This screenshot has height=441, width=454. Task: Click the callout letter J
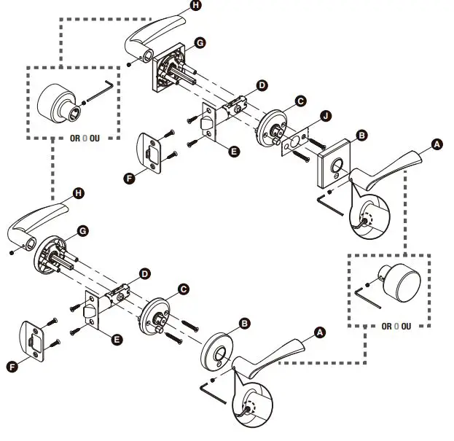pos(325,116)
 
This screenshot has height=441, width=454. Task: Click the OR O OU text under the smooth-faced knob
pos(396,326)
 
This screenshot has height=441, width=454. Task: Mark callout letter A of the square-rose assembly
pos(437,145)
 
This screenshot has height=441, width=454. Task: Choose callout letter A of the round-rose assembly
pos(318,332)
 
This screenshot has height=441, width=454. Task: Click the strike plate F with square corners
pos(152,153)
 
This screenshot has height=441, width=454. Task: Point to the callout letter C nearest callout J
pos(299,101)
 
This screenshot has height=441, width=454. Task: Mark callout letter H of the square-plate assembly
pos(195,5)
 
